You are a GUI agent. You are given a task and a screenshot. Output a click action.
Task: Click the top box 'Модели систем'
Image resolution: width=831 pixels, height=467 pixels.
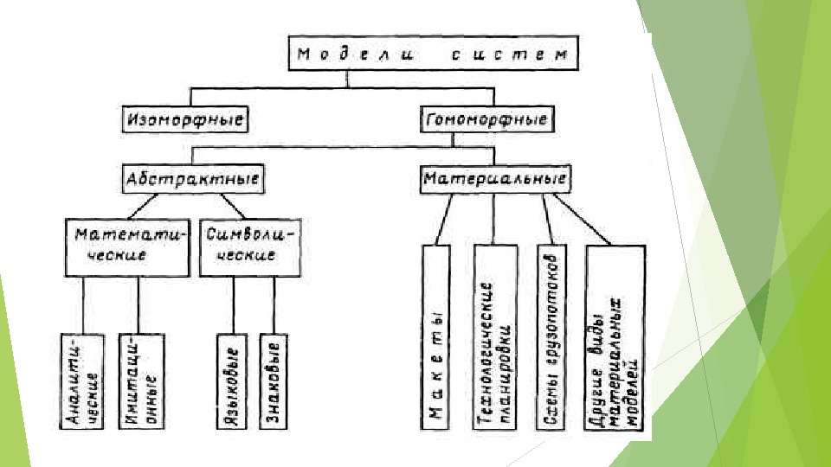click(433, 54)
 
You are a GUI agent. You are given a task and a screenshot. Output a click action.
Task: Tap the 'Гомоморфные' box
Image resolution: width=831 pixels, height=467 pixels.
click(487, 118)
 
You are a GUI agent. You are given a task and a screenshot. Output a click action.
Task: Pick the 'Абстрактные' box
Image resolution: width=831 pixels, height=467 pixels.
click(193, 180)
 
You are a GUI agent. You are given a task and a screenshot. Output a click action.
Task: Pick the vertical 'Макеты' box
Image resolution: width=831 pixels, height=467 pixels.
click(436, 337)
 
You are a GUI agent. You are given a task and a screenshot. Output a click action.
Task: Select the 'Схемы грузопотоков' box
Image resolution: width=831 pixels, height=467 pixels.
click(551, 337)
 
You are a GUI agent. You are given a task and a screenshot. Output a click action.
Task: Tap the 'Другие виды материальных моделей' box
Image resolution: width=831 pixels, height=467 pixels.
click(615, 337)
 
